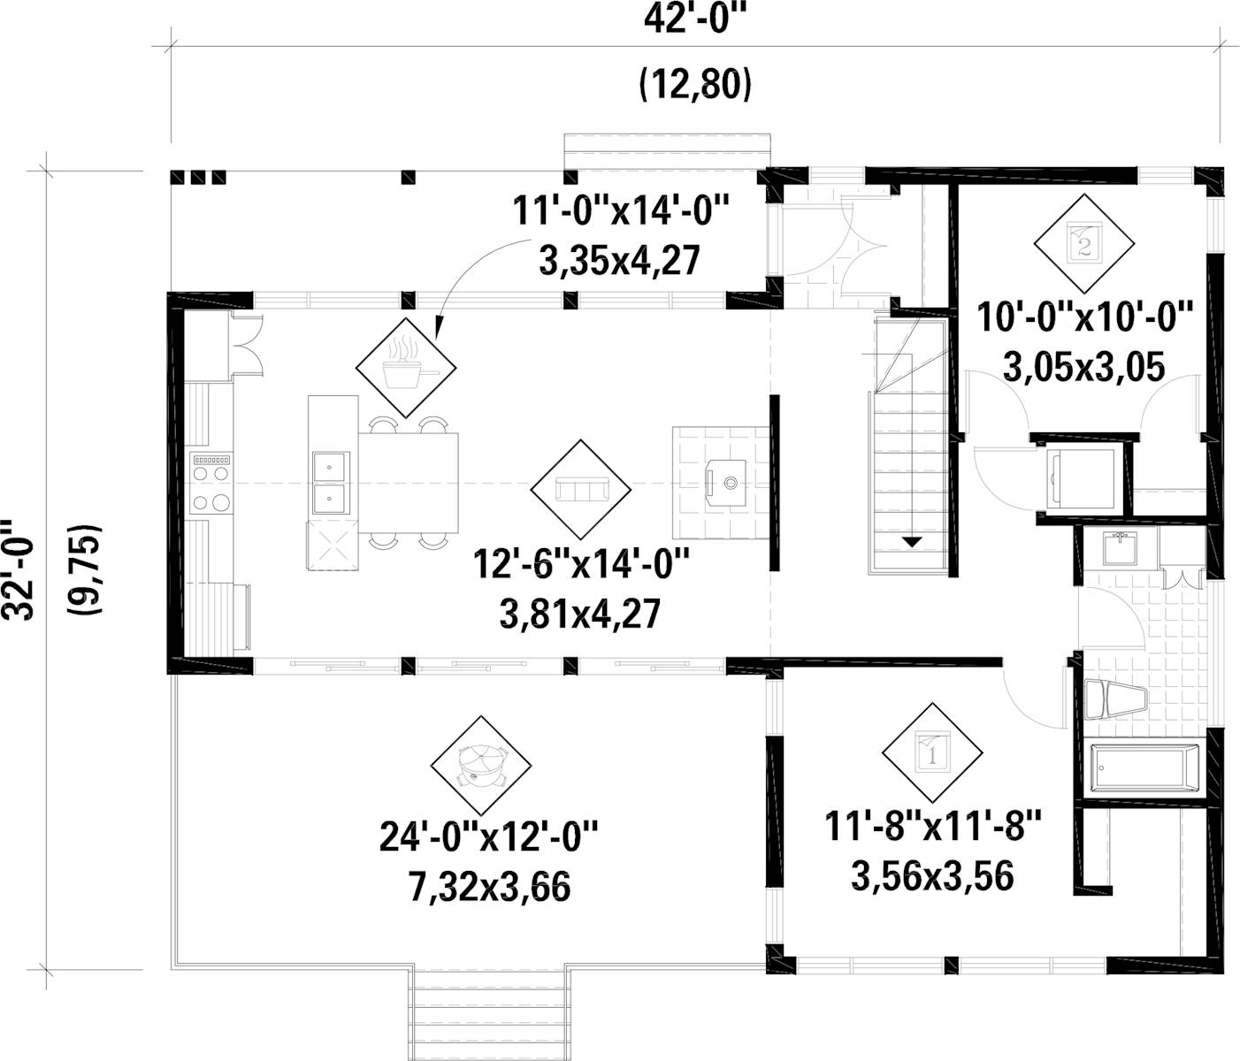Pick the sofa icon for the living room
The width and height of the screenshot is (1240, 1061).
(x=580, y=489)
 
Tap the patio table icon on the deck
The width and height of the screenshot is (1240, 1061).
(x=481, y=766)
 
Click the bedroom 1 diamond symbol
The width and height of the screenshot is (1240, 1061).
(x=931, y=752)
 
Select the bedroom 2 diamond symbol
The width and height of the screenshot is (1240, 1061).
(x=1084, y=241)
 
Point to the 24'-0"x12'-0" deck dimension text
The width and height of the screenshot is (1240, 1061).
(x=489, y=836)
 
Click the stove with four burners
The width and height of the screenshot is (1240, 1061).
(x=211, y=485)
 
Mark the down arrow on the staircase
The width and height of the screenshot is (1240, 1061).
(x=911, y=541)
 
